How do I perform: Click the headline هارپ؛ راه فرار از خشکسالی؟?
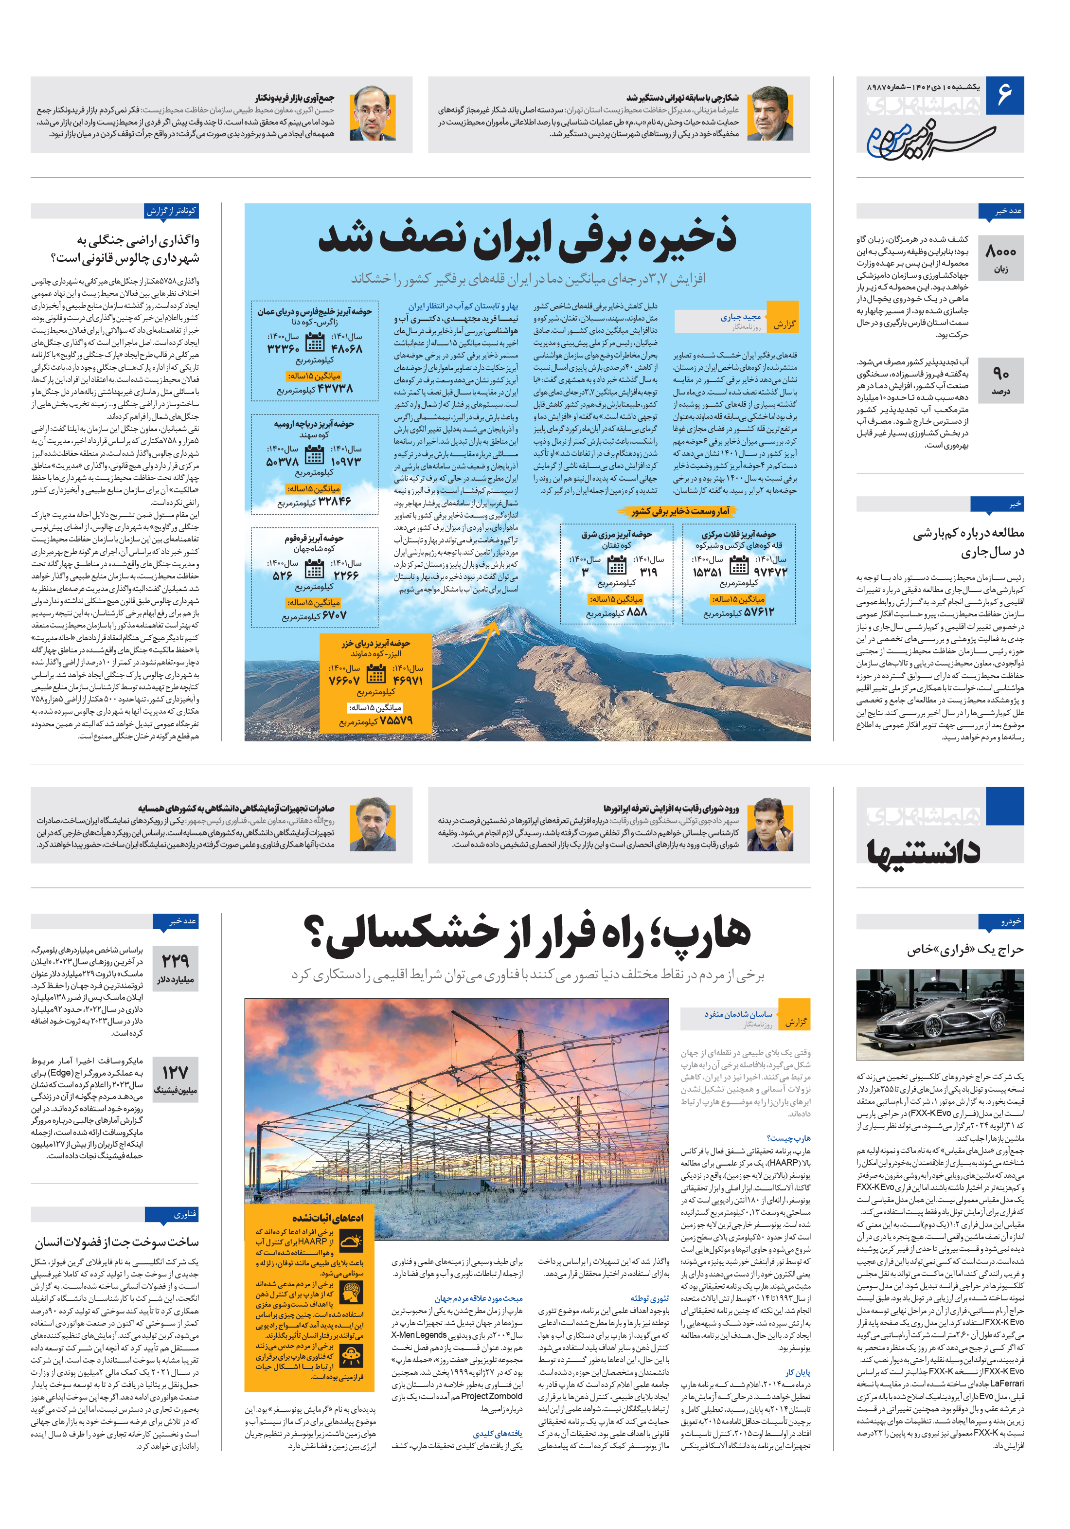527,934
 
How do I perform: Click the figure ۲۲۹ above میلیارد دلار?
175,961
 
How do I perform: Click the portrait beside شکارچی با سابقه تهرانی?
770,113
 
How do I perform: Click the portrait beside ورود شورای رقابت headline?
770,825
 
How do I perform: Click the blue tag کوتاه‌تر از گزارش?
172,211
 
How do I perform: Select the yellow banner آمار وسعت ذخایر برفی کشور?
680,511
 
